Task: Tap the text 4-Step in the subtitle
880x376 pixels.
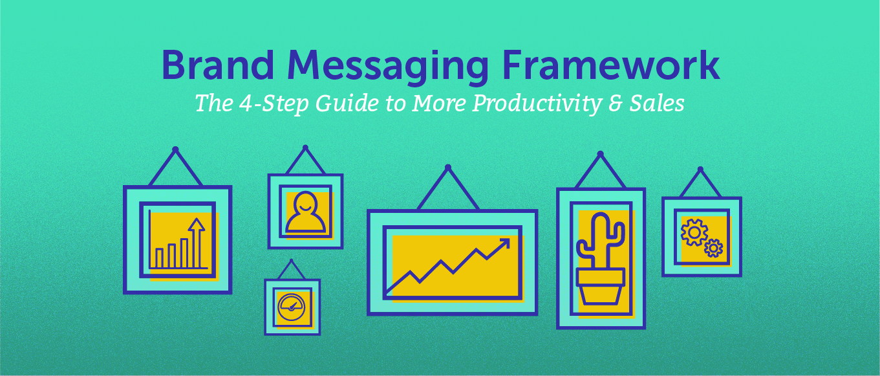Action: tap(266, 104)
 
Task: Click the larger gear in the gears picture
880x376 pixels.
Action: tap(694, 232)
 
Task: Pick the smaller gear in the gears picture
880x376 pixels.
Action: tap(713, 248)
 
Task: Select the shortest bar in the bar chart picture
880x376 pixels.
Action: tap(160, 258)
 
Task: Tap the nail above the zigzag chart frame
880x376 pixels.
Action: tap(448, 167)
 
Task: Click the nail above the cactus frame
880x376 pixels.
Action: tap(600, 154)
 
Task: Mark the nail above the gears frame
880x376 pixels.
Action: tap(700, 170)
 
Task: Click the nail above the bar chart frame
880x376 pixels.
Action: tap(175, 149)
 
